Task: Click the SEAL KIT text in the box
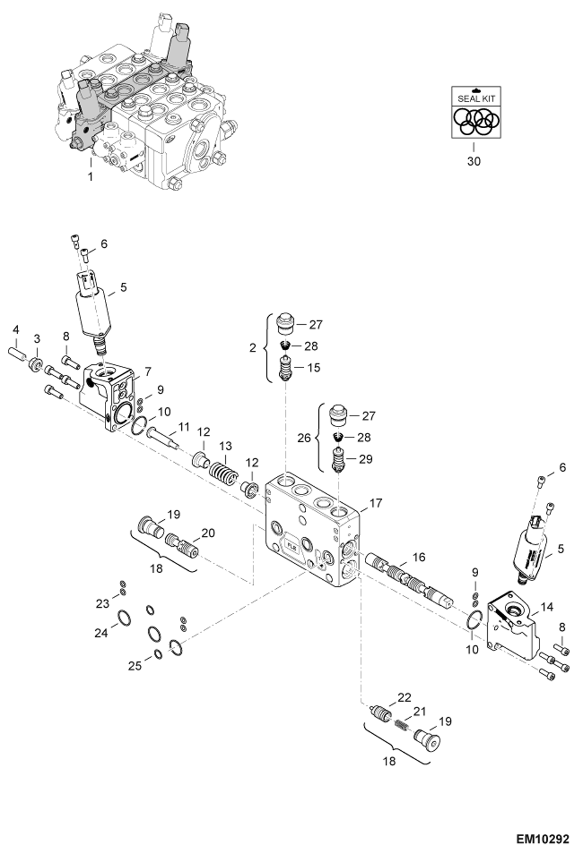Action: pos(476,99)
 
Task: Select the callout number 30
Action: pos(474,161)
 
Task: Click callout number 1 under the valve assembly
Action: pos(90,177)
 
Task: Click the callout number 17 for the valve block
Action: pos(376,503)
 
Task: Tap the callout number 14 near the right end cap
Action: pos(547,607)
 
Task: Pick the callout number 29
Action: pos(365,459)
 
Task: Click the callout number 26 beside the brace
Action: pos(304,438)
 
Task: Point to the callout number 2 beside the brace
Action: pos(253,348)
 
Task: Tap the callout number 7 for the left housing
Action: pos(148,372)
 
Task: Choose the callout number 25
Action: pos(135,666)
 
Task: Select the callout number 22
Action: pos(404,697)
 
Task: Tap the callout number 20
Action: pos(208,533)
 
